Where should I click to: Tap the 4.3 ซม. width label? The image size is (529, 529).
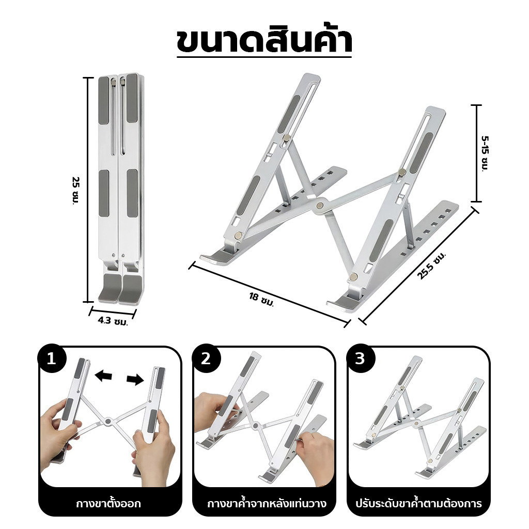(113, 321)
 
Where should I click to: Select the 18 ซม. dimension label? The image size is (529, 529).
(261, 299)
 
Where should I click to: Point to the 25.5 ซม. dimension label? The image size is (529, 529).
(431, 266)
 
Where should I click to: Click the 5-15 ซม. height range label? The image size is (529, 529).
(485, 153)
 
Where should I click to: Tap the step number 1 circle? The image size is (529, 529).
(51, 359)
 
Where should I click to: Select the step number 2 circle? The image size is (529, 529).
(206, 359)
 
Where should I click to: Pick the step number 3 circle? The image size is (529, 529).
(360, 359)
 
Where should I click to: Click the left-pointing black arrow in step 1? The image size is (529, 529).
(103, 375)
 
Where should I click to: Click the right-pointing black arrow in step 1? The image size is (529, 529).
(135, 380)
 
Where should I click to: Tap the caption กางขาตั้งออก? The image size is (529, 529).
(108, 504)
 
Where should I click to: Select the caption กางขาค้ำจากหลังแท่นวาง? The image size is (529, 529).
(267, 504)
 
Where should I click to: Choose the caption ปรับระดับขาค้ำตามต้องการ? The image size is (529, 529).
(418, 504)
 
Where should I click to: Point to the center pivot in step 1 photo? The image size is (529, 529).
(108, 421)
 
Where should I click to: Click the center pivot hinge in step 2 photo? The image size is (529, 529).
(255, 426)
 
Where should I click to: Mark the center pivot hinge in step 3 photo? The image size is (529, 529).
(416, 423)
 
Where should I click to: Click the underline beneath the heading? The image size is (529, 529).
(264, 57)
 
